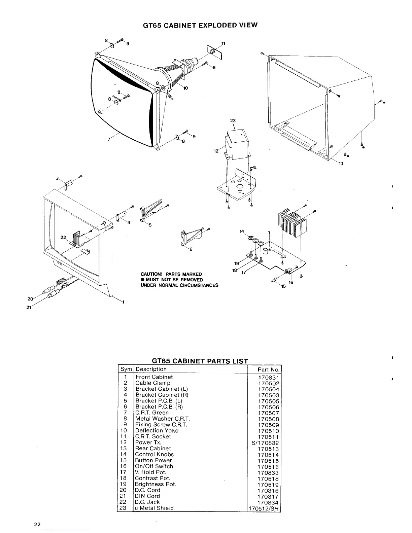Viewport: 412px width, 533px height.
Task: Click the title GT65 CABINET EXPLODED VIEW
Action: click(200, 25)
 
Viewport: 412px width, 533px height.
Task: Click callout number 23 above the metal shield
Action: click(233, 121)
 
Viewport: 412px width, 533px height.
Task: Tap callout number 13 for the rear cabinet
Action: click(341, 164)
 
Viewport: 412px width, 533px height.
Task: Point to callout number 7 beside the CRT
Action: click(109, 140)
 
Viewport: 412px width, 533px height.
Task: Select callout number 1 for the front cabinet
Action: click(123, 302)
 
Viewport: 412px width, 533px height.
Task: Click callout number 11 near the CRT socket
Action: click(223, 43)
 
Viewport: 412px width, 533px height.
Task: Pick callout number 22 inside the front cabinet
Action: click(63, 237)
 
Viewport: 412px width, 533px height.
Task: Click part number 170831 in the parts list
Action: click(269, 378)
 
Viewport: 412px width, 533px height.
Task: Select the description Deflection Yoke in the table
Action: click(157, 430)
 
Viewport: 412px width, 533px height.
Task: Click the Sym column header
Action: click(126, 369)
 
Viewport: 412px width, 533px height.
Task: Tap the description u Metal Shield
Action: click(154, 508)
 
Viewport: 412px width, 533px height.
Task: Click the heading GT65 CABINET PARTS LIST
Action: click(200, 361)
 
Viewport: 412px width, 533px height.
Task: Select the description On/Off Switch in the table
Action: click(154, 466)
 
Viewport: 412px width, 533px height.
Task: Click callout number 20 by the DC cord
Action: click(30, 299)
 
